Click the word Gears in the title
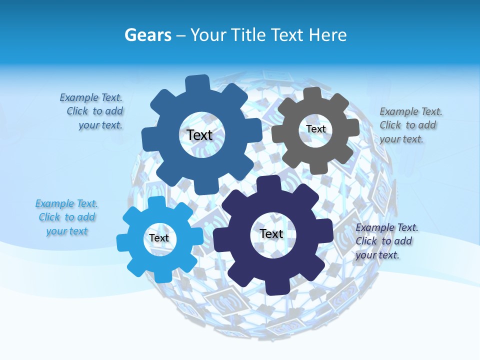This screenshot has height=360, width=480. [148, 35]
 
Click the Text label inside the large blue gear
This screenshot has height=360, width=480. [199, 135]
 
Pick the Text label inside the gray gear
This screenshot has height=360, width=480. [315, 129]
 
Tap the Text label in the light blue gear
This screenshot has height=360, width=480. [159, 238]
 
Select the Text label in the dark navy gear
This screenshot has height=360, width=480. [271, 234]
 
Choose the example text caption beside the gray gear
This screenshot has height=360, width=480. [410, 125]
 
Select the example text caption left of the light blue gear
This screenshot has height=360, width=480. [66, 217]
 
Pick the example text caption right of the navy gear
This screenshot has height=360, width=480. [386, 241]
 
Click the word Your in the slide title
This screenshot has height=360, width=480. [208, 35]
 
